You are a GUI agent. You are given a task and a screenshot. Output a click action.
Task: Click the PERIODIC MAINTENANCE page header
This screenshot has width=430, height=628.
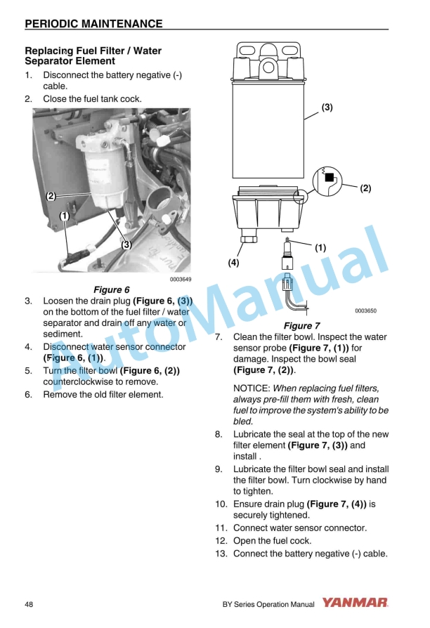pyautogui.click(x=93, y=24)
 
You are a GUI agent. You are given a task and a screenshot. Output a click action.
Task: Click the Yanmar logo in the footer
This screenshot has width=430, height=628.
pyautogui.click(x=355, y=603)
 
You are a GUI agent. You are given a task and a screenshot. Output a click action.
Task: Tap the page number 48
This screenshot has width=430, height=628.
pyautogui.click(x=30, y=603)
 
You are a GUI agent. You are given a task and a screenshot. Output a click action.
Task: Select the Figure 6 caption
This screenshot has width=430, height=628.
pyautogui.click(x=112, y=289)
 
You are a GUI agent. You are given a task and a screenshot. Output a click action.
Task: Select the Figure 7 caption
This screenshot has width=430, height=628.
pyautogui.click(x=301, y=325)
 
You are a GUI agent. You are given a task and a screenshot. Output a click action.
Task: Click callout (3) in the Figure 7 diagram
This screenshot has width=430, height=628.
pyautogui.click(x=327, y=107)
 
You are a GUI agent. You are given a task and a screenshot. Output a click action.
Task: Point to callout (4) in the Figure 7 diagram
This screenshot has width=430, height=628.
pyautogui.click(x=234, y=262)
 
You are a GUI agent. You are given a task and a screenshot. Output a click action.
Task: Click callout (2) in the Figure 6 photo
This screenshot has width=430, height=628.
pyautogui.click(x=51, y=196)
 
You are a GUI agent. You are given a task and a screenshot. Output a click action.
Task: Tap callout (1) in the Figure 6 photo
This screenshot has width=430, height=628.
pyautogui.click(x=64, y=216)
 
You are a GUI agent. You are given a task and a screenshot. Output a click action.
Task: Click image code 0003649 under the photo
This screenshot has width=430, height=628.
pyautogui.click(x=181, y=279)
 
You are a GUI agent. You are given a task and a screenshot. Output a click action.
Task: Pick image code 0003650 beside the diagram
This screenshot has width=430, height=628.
pyautogui.click(x=365, y=310)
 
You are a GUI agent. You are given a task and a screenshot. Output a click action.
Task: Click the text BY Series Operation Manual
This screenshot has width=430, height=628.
pyautogui.click(x=268, y=603)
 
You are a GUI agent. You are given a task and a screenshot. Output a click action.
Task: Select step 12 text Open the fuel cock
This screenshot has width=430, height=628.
pyautogui.click(x=272, y=541)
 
